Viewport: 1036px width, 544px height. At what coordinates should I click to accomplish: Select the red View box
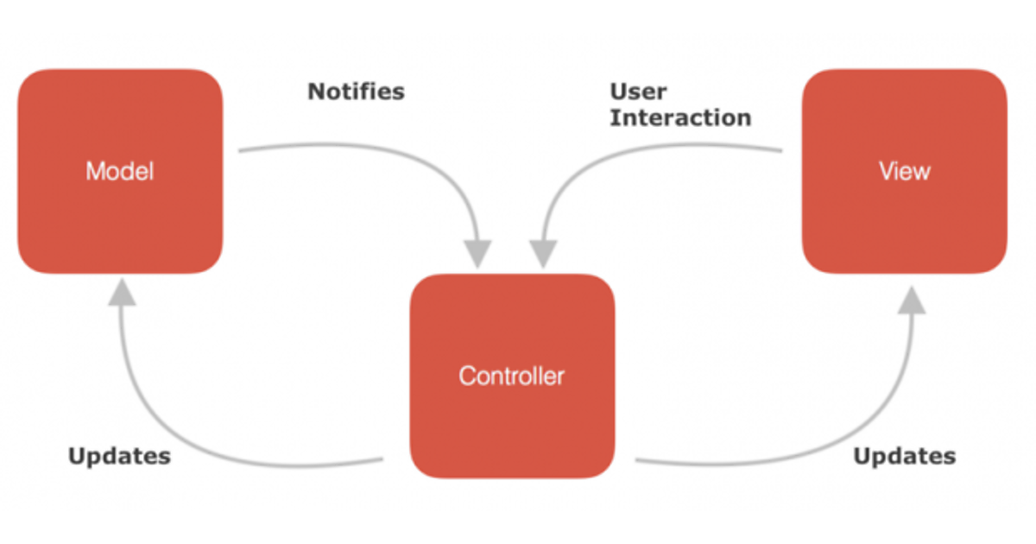904,216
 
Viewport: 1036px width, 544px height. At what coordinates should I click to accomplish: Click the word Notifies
356,92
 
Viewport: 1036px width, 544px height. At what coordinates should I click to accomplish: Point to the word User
638,92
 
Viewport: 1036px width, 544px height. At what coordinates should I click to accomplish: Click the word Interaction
680,117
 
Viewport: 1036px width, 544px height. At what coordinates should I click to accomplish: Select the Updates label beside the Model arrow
119,456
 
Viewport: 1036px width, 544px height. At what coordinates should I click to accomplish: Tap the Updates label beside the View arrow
904,456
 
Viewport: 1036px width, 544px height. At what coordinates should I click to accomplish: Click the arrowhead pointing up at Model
123,294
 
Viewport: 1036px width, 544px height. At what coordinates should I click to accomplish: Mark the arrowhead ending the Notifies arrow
477,253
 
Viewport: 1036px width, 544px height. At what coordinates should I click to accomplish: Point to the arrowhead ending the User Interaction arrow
543,253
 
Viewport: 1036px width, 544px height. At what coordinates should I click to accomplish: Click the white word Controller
511,376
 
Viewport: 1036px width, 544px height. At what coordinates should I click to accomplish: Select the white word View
904,171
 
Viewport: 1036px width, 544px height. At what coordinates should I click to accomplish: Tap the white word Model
120,171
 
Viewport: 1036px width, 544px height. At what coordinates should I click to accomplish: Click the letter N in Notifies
316,92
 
